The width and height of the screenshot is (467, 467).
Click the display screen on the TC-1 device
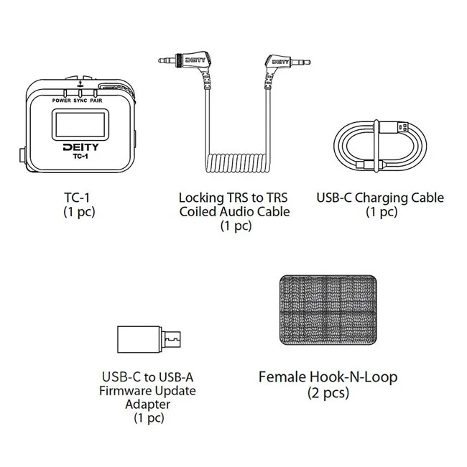click(80, 124)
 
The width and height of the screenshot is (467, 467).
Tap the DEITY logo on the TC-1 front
click(80, 147)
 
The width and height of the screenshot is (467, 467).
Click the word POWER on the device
click(62, 101)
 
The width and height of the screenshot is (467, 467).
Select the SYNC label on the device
click(80, 101)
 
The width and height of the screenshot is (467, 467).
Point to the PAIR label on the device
click(96, 101)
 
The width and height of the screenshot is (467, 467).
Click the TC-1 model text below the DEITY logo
click(80, 156)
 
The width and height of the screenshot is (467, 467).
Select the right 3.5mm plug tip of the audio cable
click(300, 63)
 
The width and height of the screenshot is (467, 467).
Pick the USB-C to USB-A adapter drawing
click(149, 340)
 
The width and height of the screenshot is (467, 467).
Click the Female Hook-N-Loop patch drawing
click(328, 310)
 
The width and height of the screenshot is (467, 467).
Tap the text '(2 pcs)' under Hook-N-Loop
click(328, 392)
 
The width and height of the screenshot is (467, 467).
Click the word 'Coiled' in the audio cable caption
click(198, 211)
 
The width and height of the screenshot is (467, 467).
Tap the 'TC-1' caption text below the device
click(77, 198)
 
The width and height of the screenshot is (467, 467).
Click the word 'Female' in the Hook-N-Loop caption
click(282, 377)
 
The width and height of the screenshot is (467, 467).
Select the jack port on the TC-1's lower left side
click(23, 155)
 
